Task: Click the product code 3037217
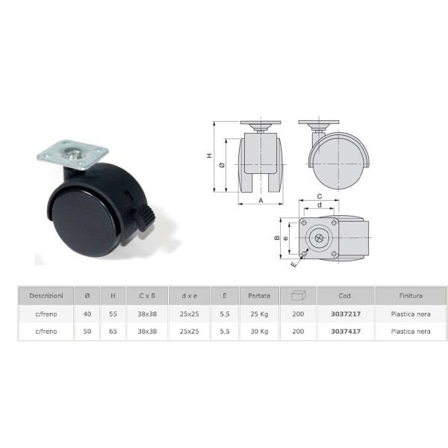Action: (346, 314)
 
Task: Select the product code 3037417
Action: (346, 332)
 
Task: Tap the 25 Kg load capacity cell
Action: (259, 314)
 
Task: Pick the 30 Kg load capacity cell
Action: (259, 332)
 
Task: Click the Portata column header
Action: (259, 296)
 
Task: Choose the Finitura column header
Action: (411, 296)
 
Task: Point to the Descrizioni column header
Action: (46, 296)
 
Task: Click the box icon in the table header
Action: (298, 295)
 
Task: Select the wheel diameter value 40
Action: (87, 314)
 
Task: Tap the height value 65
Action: (113, 332)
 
